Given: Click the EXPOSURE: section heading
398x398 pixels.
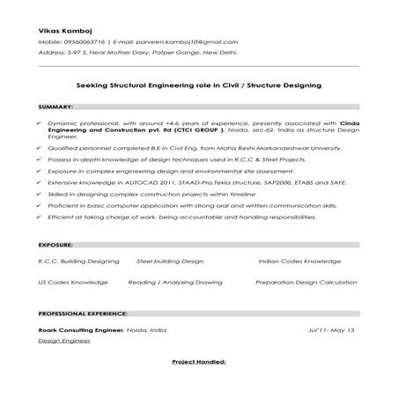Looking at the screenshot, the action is (55, 242).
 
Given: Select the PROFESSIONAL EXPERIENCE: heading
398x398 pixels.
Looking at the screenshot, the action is (84, 313).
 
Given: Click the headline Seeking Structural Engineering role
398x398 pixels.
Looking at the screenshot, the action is (198, 85).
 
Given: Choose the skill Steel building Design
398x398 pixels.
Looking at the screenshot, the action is (169, 262).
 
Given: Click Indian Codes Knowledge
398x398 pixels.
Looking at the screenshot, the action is (299, 262).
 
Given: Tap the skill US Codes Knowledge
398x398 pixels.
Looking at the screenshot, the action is (73, 283).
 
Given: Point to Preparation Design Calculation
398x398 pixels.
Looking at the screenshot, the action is (306, 283).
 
